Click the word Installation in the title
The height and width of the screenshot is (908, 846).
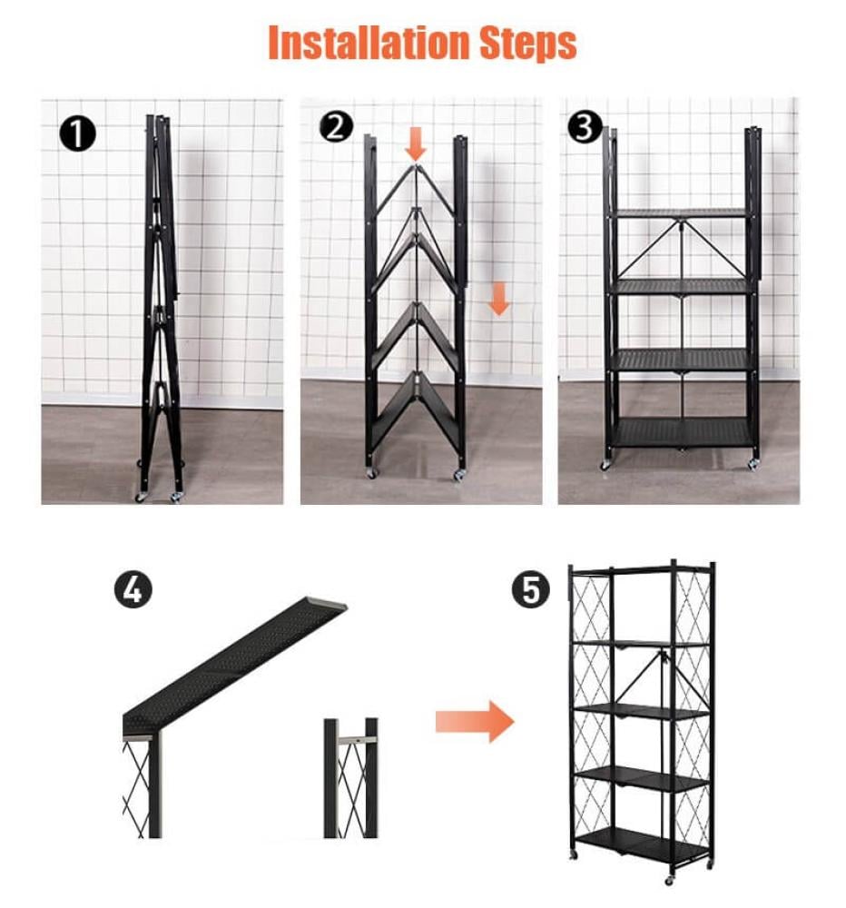coord(369,43)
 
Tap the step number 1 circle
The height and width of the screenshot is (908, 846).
coord(77,133)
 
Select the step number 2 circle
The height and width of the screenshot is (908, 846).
coord(336,126)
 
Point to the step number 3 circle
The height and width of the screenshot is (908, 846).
coord(585,127)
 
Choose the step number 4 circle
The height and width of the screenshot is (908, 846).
coord(133,590)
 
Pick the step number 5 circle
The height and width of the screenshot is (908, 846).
coord(530,590)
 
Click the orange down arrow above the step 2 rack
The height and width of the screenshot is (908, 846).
coord(416,144)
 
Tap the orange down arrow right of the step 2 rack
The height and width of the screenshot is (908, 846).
coord(498,299)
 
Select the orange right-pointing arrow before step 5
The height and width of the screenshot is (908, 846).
coord(475,722)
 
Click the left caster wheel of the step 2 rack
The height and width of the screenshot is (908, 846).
coord(370,473)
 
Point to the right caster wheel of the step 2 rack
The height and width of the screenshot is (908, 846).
coord(460,475)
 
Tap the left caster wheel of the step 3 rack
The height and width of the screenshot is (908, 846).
coord(605,465)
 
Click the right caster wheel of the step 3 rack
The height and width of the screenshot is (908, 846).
coord(753,464)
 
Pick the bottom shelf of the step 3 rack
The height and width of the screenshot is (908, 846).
coord(682,432)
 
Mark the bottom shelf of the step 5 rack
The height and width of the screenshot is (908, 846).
coord(644,844)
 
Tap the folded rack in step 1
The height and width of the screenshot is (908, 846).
coord(161,307)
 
